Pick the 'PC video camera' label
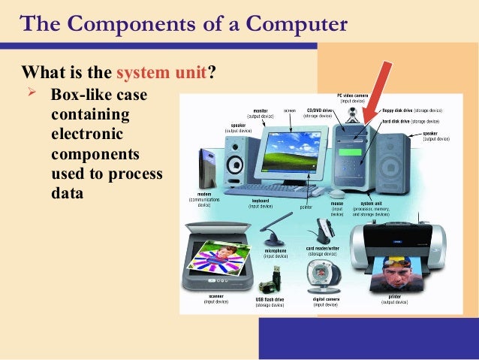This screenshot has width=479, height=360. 351,95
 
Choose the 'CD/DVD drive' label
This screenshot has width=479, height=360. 316,110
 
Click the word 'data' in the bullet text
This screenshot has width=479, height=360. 66,192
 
